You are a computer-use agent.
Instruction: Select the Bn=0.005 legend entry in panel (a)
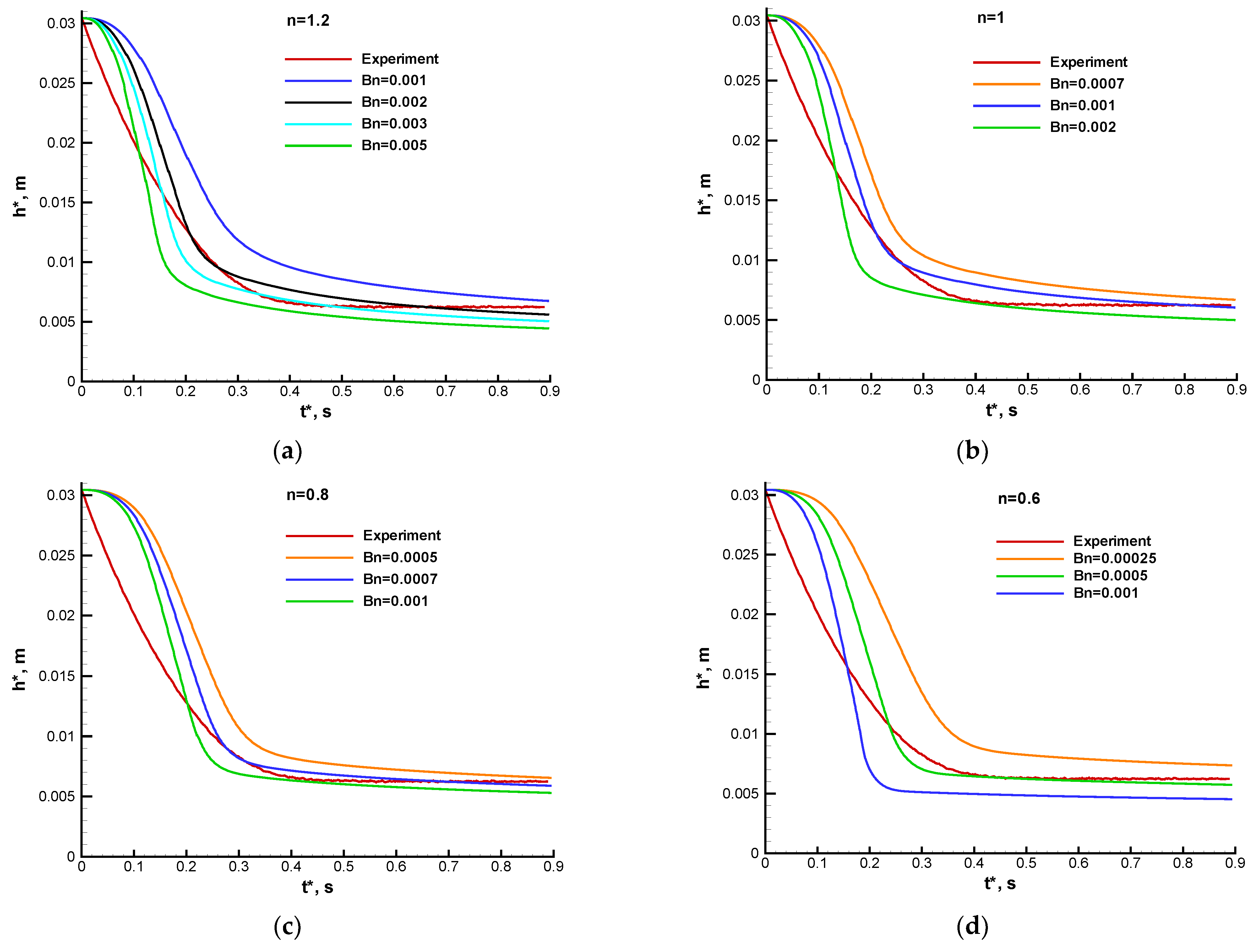tap(394, 146)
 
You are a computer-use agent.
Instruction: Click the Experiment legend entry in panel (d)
tap(1112, 541)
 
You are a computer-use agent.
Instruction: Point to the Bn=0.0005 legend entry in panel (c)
tap(400, 558)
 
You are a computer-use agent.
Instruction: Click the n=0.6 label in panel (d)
tap(1019, 499)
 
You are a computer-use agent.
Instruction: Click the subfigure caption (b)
tap(972, 451)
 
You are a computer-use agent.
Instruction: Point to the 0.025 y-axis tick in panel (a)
tap(57, 83)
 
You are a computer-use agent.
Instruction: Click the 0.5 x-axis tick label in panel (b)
tap(1027, 390)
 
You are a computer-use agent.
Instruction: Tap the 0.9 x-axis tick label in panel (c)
tap(553, 867)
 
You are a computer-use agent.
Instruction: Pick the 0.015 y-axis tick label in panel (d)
tap(740, 674)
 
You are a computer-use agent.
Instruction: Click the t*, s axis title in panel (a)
tap(316, 411)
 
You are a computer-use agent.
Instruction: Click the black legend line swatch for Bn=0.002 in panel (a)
tap(318, 102)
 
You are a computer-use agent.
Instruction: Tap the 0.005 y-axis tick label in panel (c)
tap(56, 796)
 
